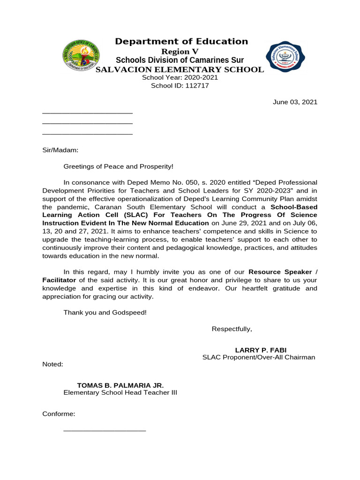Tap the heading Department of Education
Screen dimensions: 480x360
coord(181,42)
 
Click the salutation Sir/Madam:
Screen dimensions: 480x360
coord(60,150)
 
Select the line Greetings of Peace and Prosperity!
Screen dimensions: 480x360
coord(118,166)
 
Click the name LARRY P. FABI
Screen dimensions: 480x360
coord(261,350)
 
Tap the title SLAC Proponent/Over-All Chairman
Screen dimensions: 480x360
coord(259,357)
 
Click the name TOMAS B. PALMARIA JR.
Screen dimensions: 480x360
coord(120,385)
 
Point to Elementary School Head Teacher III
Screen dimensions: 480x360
coord(120,393)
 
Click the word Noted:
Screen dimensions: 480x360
coord(52,364)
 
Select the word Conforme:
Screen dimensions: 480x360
coord(59,414)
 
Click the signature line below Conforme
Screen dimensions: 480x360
coord(105,430)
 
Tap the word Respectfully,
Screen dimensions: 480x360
coord(232,329)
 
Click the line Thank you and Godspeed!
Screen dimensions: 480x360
coord(105,312)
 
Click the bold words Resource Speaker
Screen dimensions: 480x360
coord(280,272)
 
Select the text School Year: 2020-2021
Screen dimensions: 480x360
coord(180,78)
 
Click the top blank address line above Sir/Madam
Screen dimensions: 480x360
coord(87,113)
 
